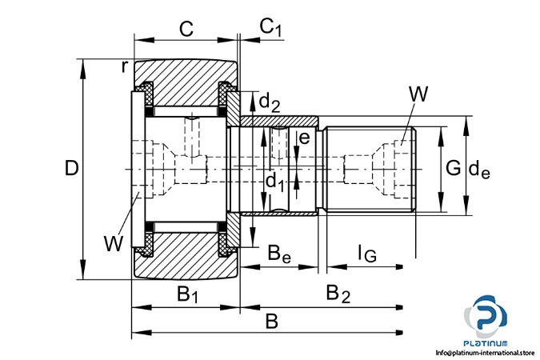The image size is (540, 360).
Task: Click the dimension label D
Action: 72,169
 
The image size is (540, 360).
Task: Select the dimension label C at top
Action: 186,30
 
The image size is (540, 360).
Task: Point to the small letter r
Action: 125,66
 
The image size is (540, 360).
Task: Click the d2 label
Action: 270,102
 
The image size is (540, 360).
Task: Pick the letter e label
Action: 302,138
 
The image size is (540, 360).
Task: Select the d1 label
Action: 274,182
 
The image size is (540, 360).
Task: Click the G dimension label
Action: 453,168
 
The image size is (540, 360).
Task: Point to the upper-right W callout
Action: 418,94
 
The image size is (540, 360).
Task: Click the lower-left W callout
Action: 114,241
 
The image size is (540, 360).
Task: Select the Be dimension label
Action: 278,256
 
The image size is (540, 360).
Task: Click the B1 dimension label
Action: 188,294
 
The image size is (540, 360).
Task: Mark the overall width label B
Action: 272,322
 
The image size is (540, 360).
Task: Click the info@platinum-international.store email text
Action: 485,352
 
